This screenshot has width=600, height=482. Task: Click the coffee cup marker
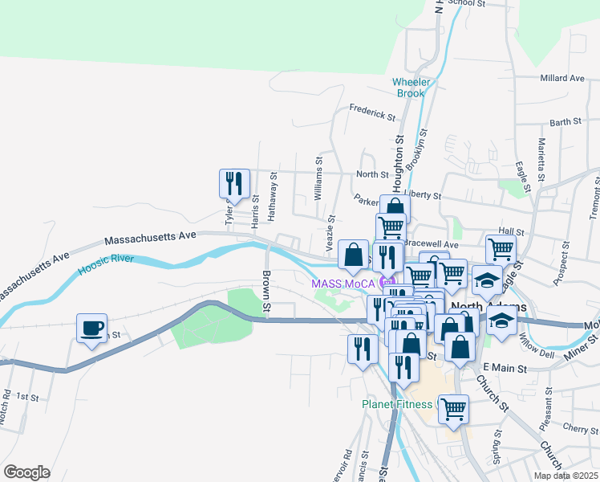[91, 328]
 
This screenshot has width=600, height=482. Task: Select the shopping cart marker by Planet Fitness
[453, 408]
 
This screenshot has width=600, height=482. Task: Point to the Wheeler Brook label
[412, 88]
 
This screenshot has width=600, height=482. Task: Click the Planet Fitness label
[396, 404]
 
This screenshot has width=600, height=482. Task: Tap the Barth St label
[566, 122]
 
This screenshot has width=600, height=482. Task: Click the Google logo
[26, 472]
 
